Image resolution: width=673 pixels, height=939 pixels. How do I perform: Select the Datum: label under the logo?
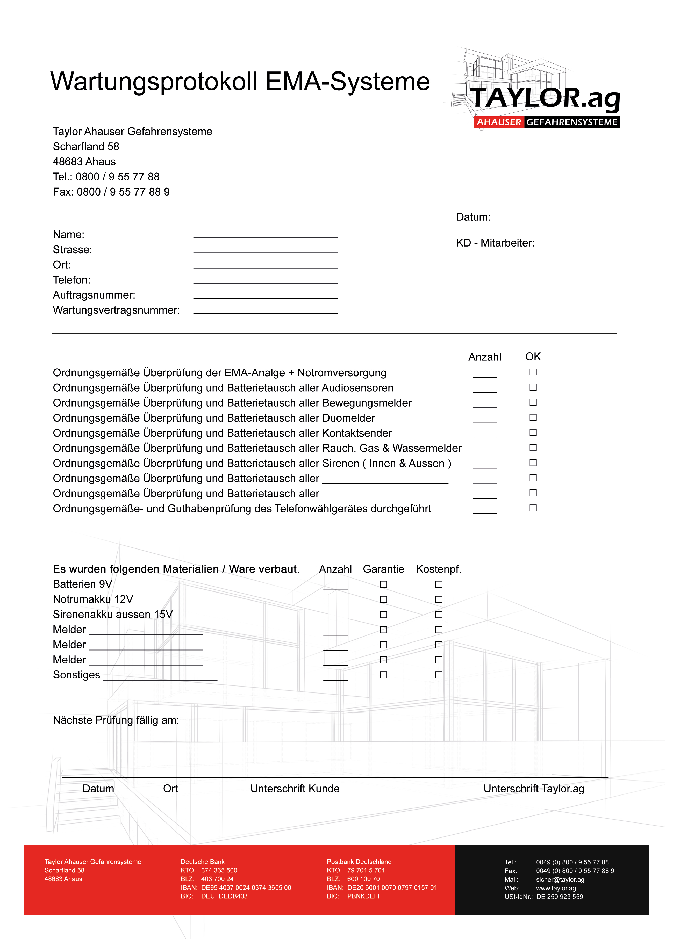coord(473,217)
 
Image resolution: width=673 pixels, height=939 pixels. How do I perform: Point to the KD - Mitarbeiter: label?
coord(495,243)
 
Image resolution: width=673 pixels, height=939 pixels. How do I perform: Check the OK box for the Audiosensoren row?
coord(533,387)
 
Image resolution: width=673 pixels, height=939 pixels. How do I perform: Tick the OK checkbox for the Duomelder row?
coord(533,417)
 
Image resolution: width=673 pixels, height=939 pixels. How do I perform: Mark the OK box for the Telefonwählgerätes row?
coord(533,508)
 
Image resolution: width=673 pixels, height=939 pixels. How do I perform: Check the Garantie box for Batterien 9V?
coord(383,584)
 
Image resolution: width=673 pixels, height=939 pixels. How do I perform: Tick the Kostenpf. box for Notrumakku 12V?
coord(439,599)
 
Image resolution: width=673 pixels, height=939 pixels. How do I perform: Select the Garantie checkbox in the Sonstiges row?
coord(383,675)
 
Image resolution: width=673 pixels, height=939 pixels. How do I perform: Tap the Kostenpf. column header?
coord(438,569)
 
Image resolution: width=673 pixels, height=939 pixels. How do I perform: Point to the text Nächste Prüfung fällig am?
coord(116,720)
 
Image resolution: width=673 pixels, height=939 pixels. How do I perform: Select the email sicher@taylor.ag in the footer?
coord(560,879)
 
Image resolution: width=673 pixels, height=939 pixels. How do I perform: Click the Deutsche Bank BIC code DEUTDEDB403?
coord(224,896)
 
